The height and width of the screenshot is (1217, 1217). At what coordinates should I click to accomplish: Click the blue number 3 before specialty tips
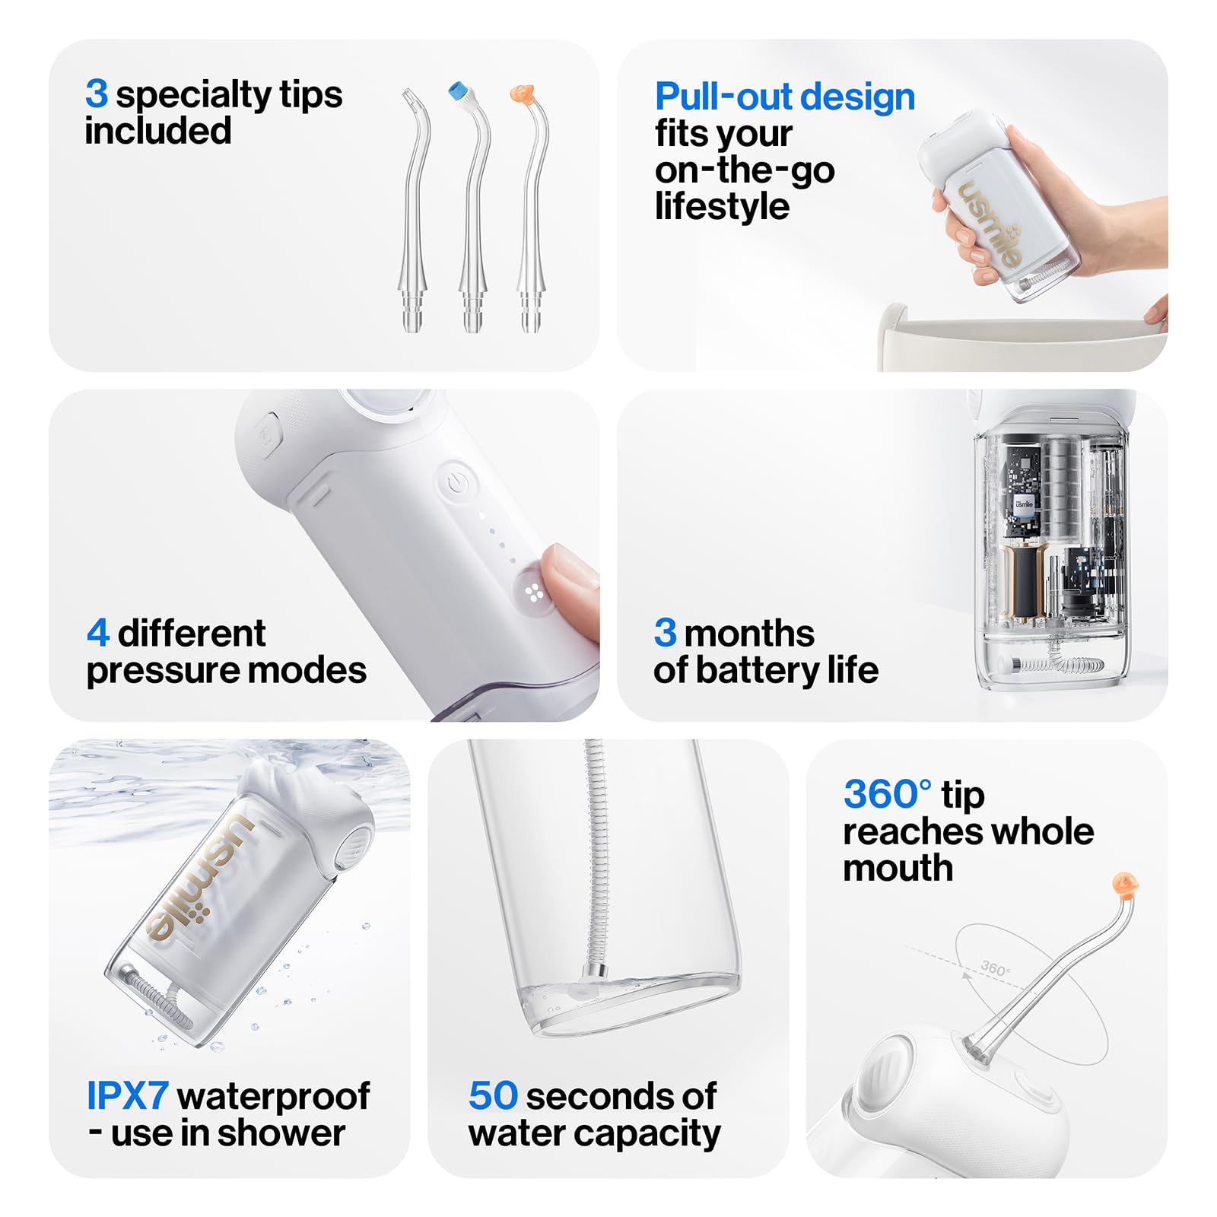click(x=96, y=94)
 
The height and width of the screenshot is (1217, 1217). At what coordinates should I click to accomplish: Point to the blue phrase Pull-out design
click(x=784, y=97)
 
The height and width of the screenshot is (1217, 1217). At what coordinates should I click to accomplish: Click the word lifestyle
click(x=722, y=207)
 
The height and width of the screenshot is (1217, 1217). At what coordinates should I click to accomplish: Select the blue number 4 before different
click(x=97, y=633)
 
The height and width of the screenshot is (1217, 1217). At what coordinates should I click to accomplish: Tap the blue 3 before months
click(x=665, y=633)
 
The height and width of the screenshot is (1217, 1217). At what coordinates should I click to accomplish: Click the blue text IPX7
click(x=127, y=1096)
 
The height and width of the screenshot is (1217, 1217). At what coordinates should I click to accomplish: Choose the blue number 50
click(x=493, y=1096)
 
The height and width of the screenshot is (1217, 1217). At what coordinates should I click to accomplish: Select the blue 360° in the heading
click(x=887, y=794)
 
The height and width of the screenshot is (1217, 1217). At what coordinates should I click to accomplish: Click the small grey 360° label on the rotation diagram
click(x=996, y=968)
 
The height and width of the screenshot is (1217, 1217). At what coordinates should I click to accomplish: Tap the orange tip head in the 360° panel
click(x=1125, y=884)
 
